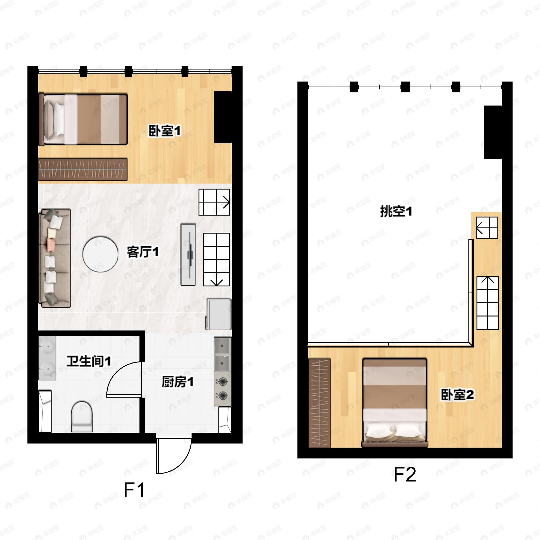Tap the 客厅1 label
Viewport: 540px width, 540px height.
point(143,252)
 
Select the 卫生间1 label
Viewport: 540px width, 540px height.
point(89,361)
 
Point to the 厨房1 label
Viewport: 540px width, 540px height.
point(178,382)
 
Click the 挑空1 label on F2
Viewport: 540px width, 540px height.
point(396,211)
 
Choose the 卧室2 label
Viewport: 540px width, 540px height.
point(457,395)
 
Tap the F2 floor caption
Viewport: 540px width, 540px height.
point(405,474)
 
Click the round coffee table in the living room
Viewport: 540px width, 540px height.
point(100,254)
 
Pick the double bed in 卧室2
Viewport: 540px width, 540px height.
point(395,403)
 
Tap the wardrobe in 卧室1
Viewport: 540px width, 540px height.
point(83,169)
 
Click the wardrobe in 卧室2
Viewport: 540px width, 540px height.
point(319,403)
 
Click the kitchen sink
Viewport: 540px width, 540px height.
point(223,354)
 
